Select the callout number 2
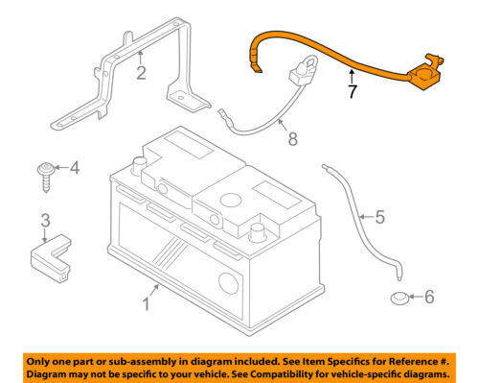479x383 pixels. point(140,72)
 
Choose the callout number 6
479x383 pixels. point(428,298)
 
